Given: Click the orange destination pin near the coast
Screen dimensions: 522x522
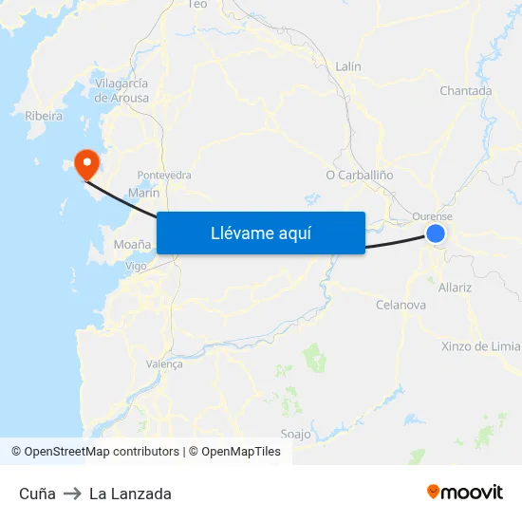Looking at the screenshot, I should (x=86, y=163).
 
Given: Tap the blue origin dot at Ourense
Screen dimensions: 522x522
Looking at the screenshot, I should (x=436, y=233).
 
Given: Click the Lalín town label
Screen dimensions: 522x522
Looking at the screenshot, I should (x=348, y=66).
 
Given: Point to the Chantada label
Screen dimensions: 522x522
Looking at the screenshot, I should (x=465, y=91).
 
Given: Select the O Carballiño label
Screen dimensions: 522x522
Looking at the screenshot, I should (x=359, y=175).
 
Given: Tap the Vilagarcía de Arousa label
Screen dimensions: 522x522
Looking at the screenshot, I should (x=121, y=90).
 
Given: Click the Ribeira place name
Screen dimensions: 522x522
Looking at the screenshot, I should (x=44, y=116).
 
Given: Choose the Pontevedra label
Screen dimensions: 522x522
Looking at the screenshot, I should (x=164, y=176).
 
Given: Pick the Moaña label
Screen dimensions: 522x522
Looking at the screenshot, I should (x=132, y=244).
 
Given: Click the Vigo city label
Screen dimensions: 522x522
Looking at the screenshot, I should (x=136, y=267).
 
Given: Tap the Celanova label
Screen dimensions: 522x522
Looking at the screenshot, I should (x=401, y=305).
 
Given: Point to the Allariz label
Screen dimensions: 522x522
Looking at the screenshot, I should (x=456, y=287).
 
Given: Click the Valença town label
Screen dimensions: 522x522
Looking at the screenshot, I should (x=164, y=364).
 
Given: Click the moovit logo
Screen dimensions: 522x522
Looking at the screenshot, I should (x=464, y=493).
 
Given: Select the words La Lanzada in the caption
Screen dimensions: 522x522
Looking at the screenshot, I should (x=130, y=494).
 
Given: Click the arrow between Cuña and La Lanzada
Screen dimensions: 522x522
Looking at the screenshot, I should (x=72, y=494).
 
